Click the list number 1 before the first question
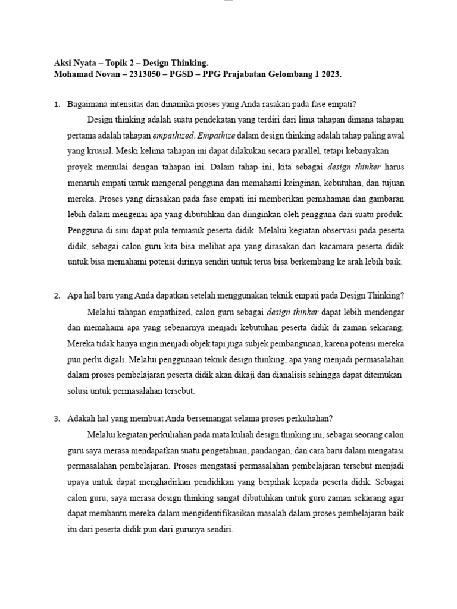tap(57, 105)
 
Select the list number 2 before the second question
tap(57, 296)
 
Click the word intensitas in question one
tap(127, 105)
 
